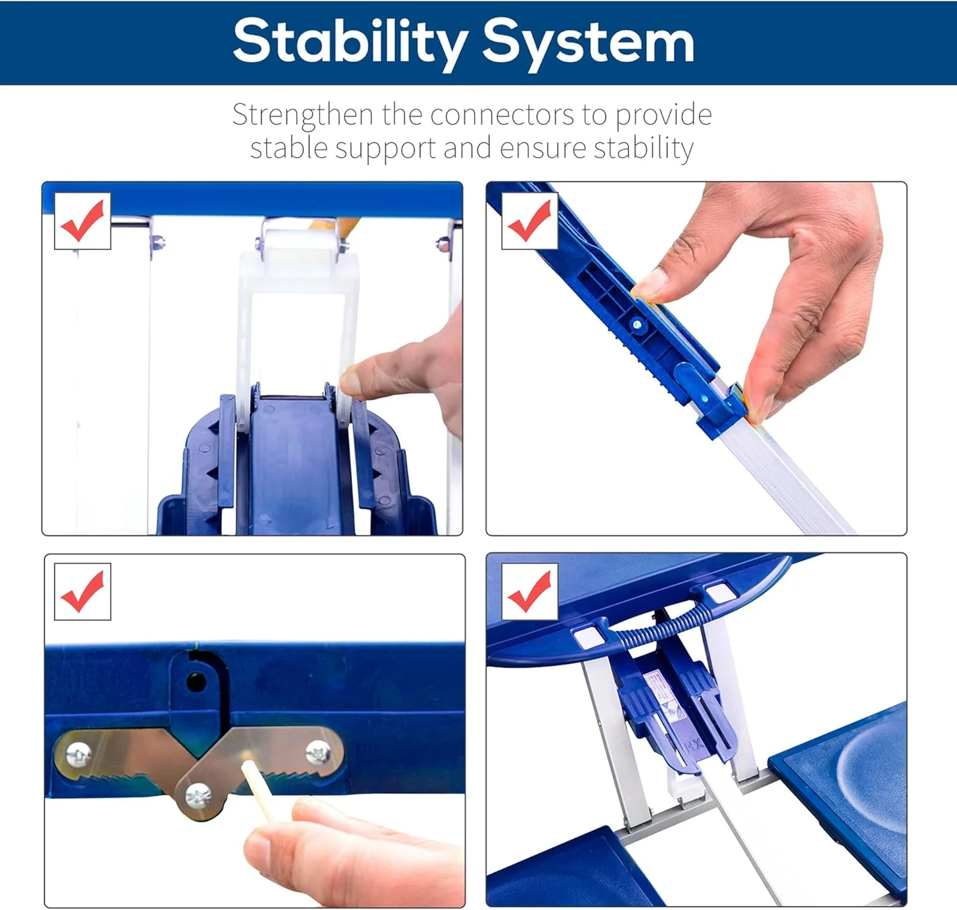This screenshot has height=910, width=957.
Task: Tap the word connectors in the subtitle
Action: coord(502,115)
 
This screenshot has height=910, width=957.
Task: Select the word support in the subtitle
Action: coord(385,148)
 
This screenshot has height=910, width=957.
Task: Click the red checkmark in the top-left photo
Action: coord(82,220)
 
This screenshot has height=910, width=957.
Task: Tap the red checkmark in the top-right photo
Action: coord(529,220)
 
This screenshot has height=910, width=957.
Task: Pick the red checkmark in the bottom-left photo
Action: coord(82,592)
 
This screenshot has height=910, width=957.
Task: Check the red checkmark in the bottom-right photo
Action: coord(529,592)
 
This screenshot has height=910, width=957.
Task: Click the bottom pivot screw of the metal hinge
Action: coord(198,796)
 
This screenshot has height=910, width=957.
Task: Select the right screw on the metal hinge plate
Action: coord(318,752)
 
